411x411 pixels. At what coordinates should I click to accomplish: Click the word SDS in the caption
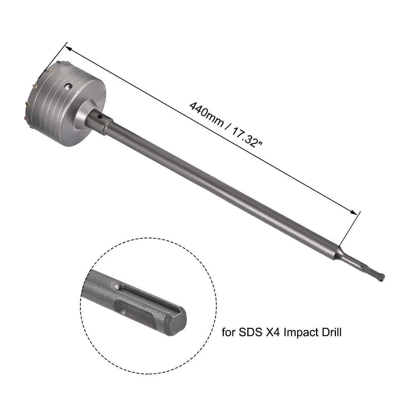(251, 332)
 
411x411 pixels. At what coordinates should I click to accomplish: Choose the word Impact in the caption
(301, 332)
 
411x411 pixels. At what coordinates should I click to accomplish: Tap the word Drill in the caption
(330, 332)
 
